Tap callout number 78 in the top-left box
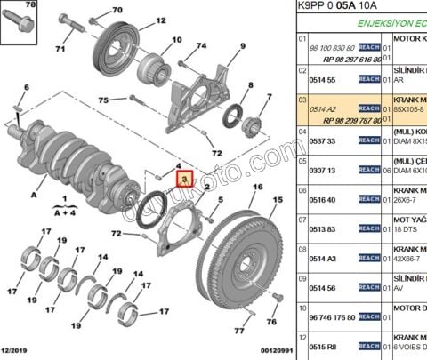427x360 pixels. click(31, 6)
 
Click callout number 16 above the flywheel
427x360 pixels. click(257, 188)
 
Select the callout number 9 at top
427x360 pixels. click(242, 46)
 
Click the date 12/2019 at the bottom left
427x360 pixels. click(20, 352)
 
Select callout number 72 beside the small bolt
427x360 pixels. click(116, 234)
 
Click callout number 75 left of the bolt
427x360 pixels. click(104, 100)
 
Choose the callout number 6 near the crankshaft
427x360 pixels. click(26, 86)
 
